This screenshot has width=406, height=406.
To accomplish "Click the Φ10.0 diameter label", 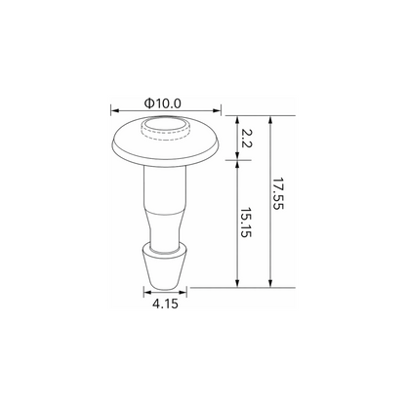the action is pos(162,103).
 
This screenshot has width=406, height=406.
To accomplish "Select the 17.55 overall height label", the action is pos(278,193).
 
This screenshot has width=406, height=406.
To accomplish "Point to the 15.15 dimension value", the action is pos(246,223).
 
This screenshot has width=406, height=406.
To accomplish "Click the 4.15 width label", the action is pos(165,304).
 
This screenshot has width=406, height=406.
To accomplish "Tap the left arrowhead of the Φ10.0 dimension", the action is pos(115,110).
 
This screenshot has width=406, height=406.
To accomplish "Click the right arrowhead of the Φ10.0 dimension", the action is pos(217,110).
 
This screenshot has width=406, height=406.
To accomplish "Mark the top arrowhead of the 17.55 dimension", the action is pos(270,120).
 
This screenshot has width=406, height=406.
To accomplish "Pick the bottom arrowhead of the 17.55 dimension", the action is pos(270,283).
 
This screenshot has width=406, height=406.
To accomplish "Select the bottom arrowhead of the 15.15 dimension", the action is pos(237,283).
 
